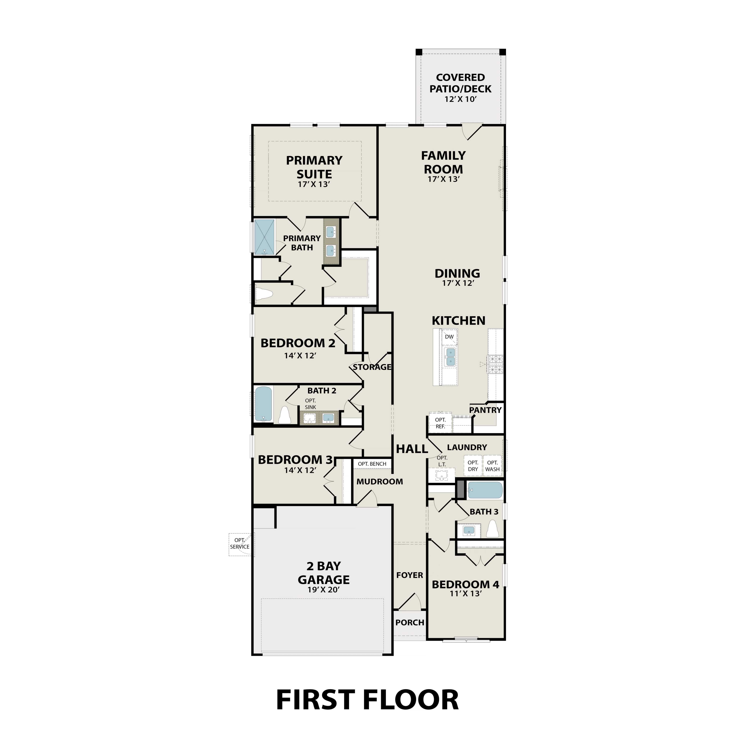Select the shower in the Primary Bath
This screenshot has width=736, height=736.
264,237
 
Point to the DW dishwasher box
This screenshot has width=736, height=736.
449,337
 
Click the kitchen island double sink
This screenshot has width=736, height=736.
450,356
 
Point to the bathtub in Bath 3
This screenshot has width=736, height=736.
485,490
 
